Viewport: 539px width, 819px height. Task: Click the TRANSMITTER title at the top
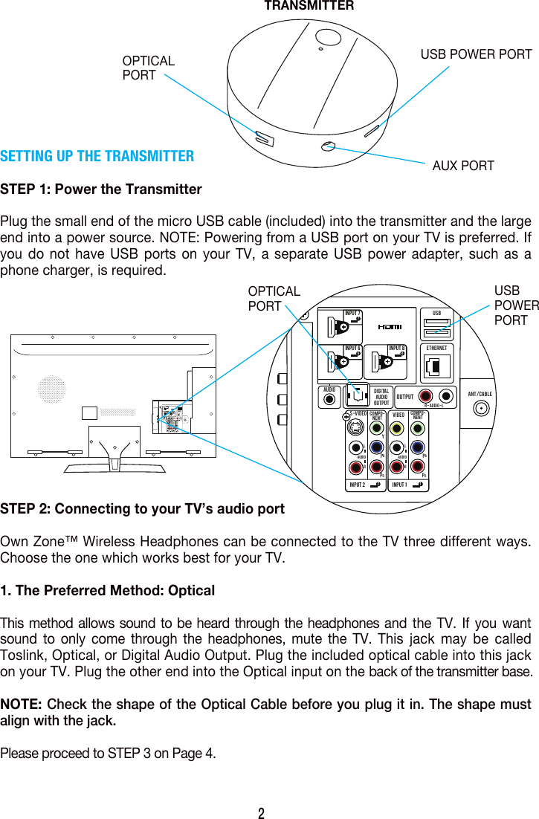pyautogui.click(x=309, y=6)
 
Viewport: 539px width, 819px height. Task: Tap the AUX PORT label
pyautogui.click(x=462, y=166)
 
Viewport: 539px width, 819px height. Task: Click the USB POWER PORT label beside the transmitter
pyautogui.click(x=476, y=54)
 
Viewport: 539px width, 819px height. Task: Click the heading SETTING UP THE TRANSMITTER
pyautogui.click(x=97, y=156)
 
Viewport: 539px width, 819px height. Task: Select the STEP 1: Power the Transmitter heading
pyautogui.click(x=101, y=190)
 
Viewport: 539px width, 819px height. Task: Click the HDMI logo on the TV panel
pyautogui.click(x=390, y=326)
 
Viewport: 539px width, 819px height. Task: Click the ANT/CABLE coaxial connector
pyautogui.click(x=482, y=408)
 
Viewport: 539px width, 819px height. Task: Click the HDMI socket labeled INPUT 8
pyautogui.click(x=386, y=360)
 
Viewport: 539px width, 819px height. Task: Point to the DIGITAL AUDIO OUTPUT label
pyautogui.click(x=381, y=397)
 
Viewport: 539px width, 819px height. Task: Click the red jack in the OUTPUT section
pyautogui.click(x=425, y=396)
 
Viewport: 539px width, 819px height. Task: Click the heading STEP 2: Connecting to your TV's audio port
pyautogui.click(x=142, y=509)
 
